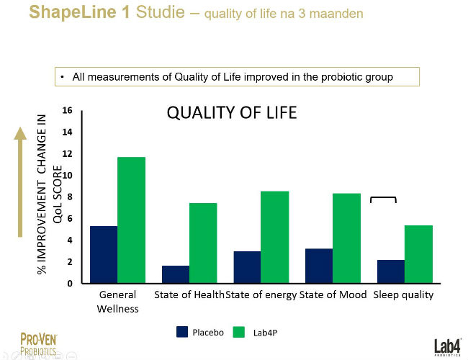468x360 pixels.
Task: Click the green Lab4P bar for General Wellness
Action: click(131, 220)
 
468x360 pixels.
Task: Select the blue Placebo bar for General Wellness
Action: click(104, 254)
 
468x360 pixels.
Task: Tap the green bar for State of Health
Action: click(203, 243)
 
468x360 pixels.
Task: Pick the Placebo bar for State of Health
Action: click(176, 274)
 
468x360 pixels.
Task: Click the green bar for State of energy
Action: click(275, 237)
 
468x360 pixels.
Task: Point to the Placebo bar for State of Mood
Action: click(320, 266)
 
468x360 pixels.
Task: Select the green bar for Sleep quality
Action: click(419, 254)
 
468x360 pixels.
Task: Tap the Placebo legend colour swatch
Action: click(182, 332)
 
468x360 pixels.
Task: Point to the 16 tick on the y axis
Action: click(68, 111)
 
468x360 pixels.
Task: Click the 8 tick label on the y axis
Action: click(70, 197)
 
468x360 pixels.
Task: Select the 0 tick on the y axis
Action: click(70, 284)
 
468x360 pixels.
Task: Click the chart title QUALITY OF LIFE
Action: click(232, 114)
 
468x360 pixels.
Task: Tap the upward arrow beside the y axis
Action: click(21, 180)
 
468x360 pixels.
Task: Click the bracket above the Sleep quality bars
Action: click(383, 199)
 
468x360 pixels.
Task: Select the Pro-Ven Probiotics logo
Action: click(39, 343)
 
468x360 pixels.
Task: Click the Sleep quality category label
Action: click(403, 295)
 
